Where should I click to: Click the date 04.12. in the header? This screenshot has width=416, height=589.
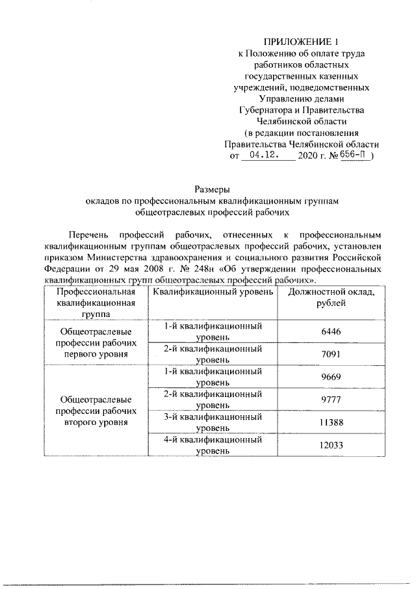259,157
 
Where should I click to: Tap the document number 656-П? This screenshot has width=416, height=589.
354,157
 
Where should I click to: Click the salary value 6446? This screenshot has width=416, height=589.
331,331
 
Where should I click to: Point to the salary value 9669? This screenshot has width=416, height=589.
331,377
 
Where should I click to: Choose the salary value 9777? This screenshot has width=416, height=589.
331,400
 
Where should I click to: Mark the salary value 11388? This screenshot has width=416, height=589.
331,422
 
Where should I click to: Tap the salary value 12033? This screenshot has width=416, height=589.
331,445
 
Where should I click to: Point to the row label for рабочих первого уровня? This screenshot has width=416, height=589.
95,343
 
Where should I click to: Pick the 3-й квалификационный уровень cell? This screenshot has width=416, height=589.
213,422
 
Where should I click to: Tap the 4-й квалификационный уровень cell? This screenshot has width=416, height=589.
213,445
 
